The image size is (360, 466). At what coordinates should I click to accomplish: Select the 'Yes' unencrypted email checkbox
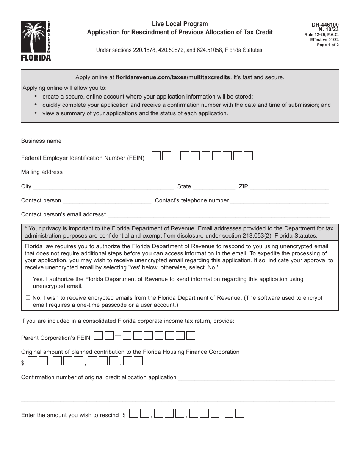28,279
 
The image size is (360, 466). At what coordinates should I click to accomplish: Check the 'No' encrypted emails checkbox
28,298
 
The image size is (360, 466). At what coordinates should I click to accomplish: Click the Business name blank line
195,142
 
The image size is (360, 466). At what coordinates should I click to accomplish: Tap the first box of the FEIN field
156,156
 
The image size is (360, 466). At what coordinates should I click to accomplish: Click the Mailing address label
42,172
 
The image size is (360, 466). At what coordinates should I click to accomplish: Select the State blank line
214,187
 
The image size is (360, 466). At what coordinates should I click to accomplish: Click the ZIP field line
289,187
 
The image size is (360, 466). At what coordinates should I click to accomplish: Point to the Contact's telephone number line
280,201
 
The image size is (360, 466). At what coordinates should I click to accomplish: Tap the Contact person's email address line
219,215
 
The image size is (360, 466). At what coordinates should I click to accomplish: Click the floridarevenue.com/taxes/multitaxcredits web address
173,77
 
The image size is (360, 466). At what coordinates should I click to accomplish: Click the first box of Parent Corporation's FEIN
98,336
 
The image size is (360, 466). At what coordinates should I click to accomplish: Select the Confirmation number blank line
256,378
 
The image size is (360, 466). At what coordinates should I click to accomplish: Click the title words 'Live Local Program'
180,24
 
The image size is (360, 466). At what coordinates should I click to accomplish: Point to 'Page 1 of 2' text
328,45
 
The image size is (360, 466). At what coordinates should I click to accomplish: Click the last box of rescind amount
239,413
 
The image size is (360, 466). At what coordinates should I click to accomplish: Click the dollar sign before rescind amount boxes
124,415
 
